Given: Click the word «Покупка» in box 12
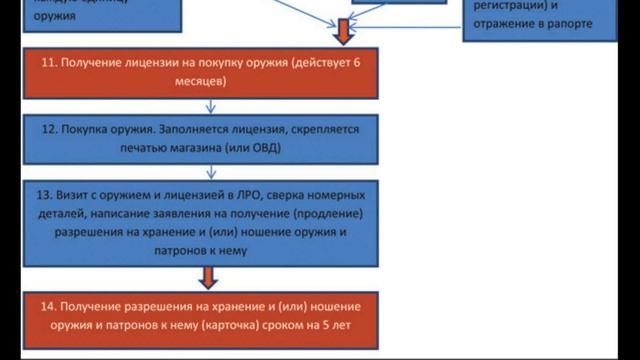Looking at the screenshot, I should coord(88,130).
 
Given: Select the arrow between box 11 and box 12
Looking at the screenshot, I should coord(210,104).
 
